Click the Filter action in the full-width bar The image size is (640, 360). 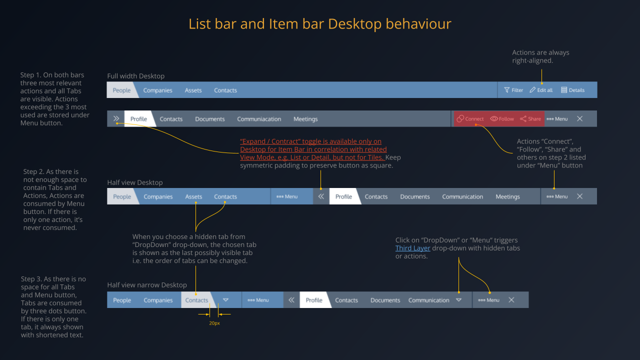[x=513, y=90]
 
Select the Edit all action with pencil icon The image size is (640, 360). [x=541, y=90]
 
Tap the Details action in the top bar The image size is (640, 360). [x=573, y=90]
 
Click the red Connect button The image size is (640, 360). [x=470, y=119]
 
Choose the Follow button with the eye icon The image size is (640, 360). [x=502, y=119]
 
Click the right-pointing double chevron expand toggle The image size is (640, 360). [x=116, y=119]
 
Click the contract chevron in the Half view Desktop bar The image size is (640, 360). [x=321, y=196]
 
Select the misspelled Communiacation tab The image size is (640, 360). [x=259, y=119]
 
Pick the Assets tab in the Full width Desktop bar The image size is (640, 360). [x=193, y=90]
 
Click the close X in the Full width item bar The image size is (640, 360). [x=579, y=119]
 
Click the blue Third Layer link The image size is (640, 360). [x=412, y=248]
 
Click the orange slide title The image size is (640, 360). [x=320, y=24]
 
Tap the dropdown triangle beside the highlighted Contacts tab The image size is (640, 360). [x=225, y=300]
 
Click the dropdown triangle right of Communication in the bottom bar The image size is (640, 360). [x=458, y=300]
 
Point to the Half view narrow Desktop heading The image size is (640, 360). [x=147, y=285]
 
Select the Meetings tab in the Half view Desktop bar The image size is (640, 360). [x=507, y=196]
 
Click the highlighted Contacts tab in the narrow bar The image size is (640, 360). [x=196, y=300]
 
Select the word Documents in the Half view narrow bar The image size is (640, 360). [x=385, y=300]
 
